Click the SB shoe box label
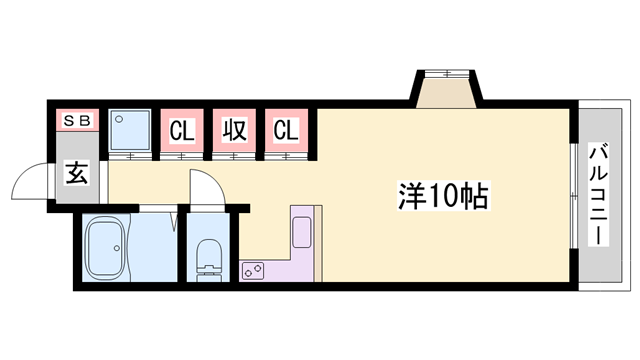coord(77,121)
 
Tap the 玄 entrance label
coord(77,174)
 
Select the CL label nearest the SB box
coord(181,130)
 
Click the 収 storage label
coord(234,130)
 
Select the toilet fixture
coord(209,258)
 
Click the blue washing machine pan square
coord(130,131)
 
